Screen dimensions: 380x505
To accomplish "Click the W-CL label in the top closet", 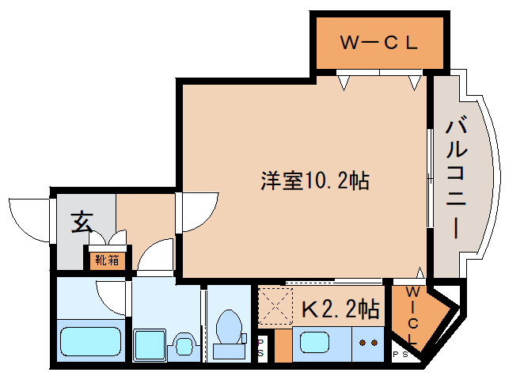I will coord(378,43).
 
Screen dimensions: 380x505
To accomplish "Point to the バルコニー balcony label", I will coord(456,177).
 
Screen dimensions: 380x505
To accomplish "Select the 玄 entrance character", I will coord(81,222).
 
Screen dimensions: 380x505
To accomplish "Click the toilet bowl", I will coord(230,325).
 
